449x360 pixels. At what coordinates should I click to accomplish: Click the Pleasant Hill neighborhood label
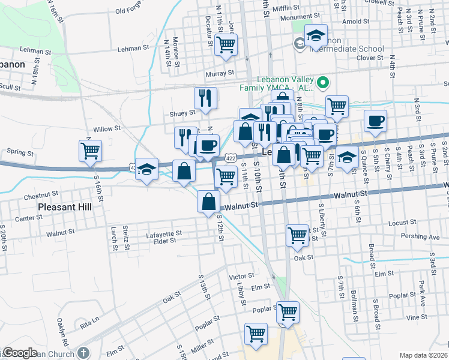tap(64, 207)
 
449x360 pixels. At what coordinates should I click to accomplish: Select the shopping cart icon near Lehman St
tap(226, 44)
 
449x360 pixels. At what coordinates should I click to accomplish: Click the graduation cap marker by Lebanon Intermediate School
tap(316, 35)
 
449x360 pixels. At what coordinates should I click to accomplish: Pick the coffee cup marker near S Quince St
tap(376, 121)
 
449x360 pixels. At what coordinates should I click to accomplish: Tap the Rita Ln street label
tap(89, 322)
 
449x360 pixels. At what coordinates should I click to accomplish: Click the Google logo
tap(20, 353)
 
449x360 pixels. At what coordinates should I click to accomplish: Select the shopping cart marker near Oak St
tap(298, 236)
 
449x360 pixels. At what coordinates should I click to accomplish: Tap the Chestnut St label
tap(41, 196)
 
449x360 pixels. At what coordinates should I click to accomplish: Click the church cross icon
tap(83, 353)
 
